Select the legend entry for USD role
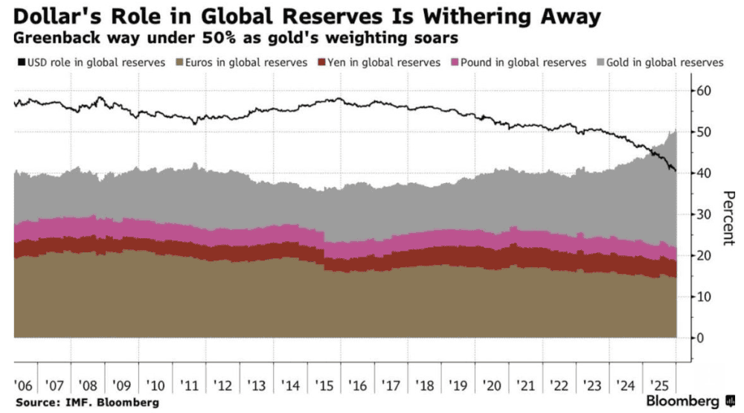(x=89, y=63)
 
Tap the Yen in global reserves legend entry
(x=379, y=63)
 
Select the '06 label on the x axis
(x=24, y=385)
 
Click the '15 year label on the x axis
(x=324, y=385)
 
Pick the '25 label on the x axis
(x=658, y=385)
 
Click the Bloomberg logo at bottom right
(x=684, y=401)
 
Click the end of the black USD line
(x=676, y=171)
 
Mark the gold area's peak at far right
(x=675, y=130)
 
